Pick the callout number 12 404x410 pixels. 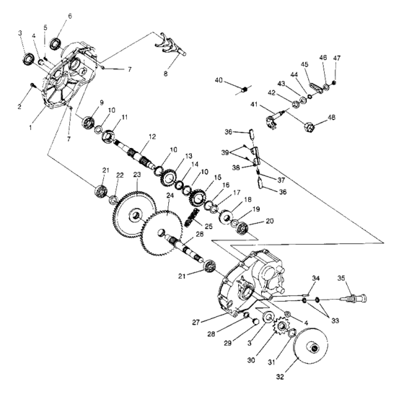click(x=151, y=136)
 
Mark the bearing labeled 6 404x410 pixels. click(x=57, y=33)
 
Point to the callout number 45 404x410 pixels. click(x=305, y=65)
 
